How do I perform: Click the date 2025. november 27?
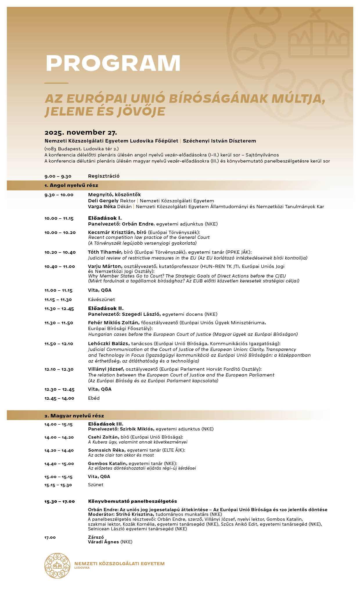pyautogui.click(x=81, y=133)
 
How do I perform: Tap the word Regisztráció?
pyautogui.click(x=104, y=176)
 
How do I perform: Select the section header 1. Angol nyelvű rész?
pyautogui.click(x=71, y=185)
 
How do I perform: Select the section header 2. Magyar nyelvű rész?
pyautogui.click(x=74, y=416)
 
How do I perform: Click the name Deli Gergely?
pyautogui.click(x=103, y=201)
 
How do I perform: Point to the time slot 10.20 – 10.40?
pyautogui.click(x=60, y=252)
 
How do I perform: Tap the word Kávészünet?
pyautogui.click(x=101, y=299)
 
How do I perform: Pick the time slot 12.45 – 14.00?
pyautogui.click(x=59, y=398)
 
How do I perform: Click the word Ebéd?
pyautogui.click(x=94, y=398)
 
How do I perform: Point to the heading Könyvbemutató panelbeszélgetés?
pyautogui.click(x=132, y=501)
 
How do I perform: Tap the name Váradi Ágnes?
pyautogui.click(x=103, y=542)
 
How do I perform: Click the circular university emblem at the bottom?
pyautogui.click(x=57, y=565)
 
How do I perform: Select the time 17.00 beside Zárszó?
pyautogui.click(x=50, y=537)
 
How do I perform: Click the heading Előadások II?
pyautogui.click(x=106, y=308)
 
